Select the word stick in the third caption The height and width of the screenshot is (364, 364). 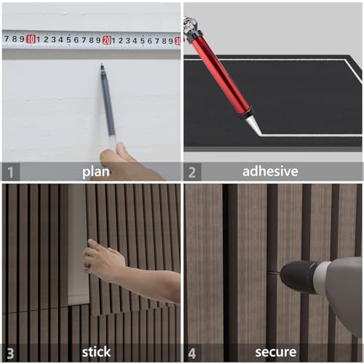coord(95,352)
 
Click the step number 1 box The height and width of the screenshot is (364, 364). coord(9,172)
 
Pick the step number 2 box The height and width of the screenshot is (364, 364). coord(192,172)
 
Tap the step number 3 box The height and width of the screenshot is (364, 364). coord(9,352)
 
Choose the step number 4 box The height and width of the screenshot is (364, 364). coord(192,352)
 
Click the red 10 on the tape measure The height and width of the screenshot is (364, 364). coord(31,39)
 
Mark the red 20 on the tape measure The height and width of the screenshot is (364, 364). coord(107,40)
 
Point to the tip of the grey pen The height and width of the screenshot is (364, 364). coord(100,66)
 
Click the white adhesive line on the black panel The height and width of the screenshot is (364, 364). coord(306,135)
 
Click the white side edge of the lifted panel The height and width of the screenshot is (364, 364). coord(77,248)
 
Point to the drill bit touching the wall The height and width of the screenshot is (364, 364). coord(273,273)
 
